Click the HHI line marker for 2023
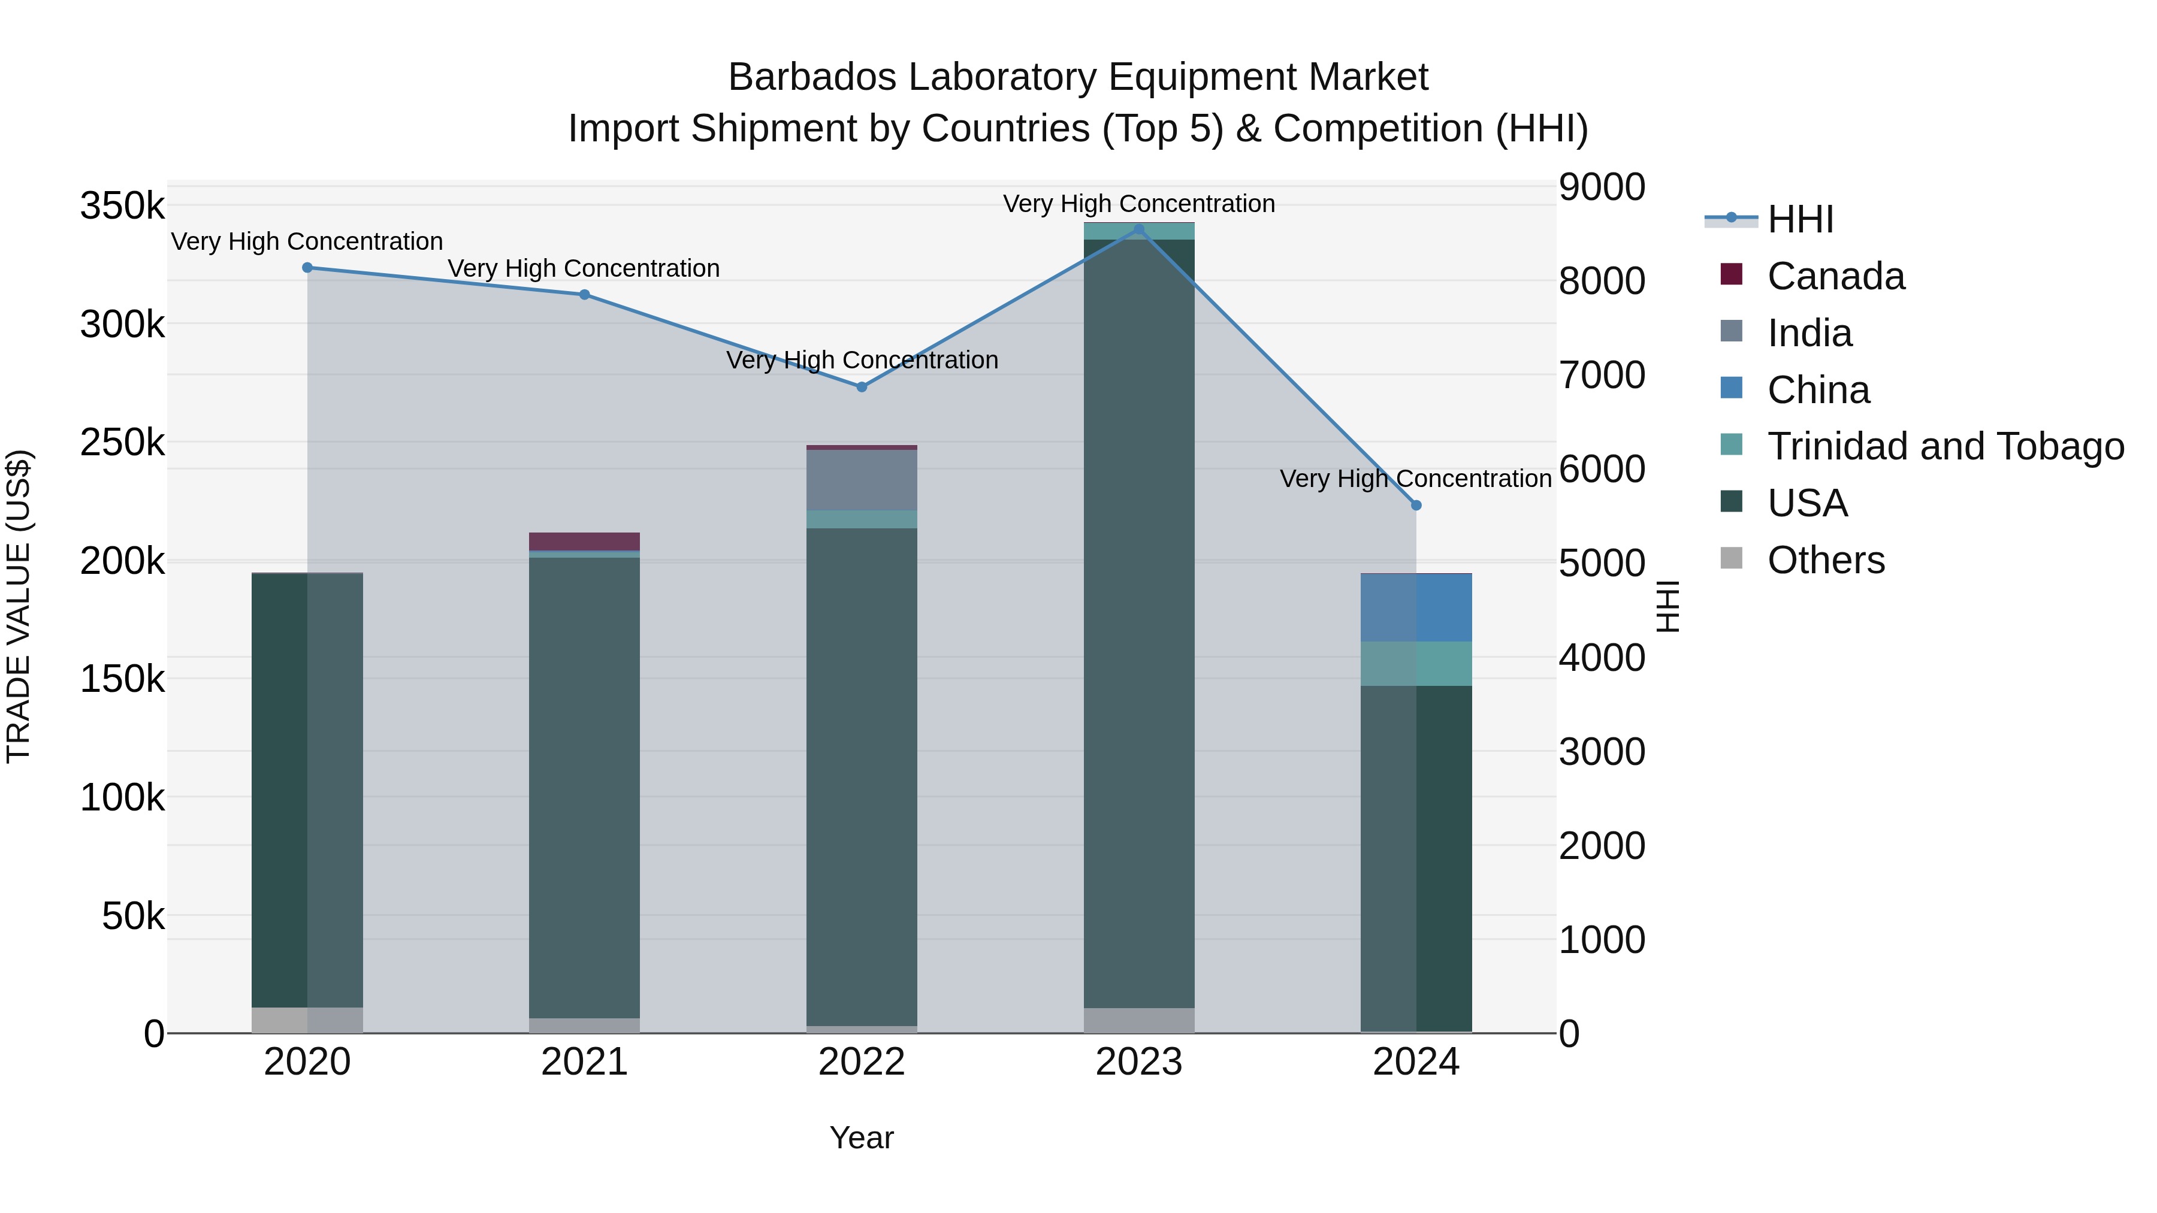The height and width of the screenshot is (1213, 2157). (1139, 229)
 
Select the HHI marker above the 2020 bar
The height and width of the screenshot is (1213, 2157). (307, 268)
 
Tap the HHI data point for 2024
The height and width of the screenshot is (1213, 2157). (1416, 505)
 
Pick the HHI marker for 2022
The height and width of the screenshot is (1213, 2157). (862, 387)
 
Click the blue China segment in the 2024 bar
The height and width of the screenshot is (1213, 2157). (1416, 608)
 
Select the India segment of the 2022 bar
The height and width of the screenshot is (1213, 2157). (862, 480)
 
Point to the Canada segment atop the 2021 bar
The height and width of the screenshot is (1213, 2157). (584, 541)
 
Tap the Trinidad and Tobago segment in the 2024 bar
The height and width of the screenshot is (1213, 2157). (1416, 664)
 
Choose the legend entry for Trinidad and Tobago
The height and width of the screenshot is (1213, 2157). (1945, 446)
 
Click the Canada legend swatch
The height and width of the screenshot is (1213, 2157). (1731, 274)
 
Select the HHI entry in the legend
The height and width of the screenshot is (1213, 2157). (1800, 219)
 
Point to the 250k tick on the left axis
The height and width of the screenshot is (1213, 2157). (122, 443)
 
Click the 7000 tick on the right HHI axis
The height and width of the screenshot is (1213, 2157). (1601, 375)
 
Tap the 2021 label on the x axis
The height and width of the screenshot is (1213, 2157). (584, 1062)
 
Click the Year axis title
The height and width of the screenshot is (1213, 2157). (862, 1138)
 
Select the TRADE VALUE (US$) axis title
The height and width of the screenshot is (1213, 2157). (19, 606)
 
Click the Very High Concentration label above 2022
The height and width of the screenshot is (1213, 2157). (862, 360)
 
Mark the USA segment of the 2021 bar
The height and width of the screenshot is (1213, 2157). (584, 787)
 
